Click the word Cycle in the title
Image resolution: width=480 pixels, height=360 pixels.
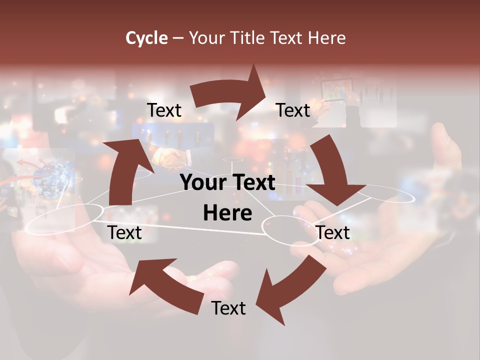click(x=146, y=38)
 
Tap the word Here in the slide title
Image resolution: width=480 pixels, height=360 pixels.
click(x=325, y=38)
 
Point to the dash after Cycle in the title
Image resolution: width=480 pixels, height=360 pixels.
click(x=178, y=38)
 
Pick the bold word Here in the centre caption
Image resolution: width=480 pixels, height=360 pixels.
click(x=227, y=213)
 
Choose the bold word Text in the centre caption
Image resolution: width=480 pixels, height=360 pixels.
click(x=251, y=182)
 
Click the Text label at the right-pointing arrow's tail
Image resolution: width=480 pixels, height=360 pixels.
click(x=164, y=110)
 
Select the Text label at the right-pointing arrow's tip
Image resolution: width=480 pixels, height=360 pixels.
click(x=293, y=110)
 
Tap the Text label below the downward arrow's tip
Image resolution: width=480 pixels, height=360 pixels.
click(x=333, y=232)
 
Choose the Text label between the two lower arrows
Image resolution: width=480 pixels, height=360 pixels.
click(x=228, y=308)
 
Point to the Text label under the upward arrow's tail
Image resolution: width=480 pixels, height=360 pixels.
click(x=124, y=232)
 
